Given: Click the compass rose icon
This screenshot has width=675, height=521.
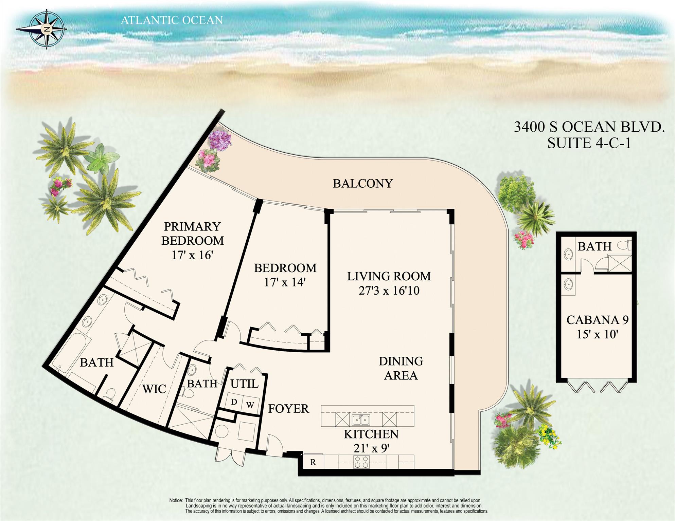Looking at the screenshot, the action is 46,29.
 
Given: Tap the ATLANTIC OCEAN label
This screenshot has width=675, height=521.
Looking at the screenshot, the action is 172,20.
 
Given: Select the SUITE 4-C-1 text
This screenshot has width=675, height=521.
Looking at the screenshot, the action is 589,143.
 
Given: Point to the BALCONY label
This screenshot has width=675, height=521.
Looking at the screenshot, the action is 362,183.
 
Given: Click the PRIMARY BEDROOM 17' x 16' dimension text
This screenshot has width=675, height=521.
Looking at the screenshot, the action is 192,255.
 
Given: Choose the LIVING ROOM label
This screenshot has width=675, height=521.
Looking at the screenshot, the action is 389,276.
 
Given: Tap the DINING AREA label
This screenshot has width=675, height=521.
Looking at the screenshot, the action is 401,368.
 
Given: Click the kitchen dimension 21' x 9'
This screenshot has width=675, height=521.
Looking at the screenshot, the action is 371,448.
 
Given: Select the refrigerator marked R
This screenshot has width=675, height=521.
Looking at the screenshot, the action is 313,462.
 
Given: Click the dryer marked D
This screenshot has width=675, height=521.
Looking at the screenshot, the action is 233,403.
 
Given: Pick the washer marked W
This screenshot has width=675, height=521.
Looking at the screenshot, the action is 250,405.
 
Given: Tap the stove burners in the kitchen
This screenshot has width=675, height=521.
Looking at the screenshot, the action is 362,462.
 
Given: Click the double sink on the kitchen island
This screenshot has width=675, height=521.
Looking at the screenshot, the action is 361,420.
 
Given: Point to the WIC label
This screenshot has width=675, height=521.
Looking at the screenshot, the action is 154,389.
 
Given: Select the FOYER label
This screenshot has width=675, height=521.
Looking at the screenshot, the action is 288,409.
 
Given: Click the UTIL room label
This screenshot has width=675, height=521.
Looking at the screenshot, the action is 244,384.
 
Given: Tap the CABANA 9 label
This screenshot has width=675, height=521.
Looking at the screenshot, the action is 598,320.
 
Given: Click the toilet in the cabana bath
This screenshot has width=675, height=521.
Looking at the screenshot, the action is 624,245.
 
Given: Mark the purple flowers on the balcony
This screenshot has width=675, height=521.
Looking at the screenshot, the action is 220,140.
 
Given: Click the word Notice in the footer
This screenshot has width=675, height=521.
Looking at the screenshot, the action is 176,500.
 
